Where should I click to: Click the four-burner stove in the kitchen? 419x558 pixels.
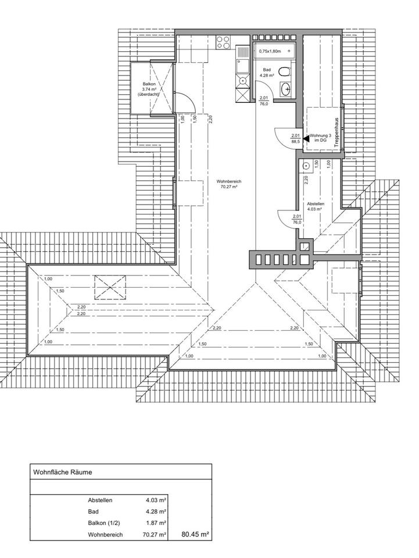[223, 42]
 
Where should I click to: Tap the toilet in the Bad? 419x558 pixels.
[284, 72]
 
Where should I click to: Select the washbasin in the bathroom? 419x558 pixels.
[285, 89]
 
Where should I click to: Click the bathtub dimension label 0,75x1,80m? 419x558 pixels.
[270, 51]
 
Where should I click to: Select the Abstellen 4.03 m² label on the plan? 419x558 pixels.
[316, 207]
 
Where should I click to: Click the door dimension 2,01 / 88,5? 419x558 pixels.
[295, 138]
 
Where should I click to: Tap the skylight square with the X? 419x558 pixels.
[110, 286]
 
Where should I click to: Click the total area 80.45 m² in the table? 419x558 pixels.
[195, 534]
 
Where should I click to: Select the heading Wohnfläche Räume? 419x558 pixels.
[63, 473]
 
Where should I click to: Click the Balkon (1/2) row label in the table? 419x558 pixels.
[105, 523]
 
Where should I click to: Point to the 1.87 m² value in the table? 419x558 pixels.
[156, 523]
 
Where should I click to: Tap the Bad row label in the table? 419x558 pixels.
[93, 512]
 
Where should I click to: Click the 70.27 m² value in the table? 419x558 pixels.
[155, 534]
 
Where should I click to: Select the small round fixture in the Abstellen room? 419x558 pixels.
[305, 166]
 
